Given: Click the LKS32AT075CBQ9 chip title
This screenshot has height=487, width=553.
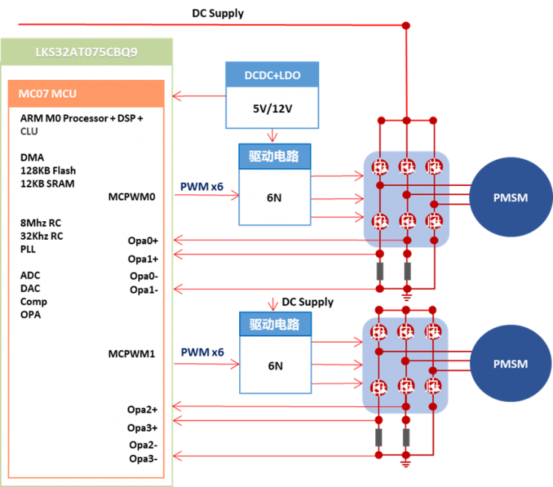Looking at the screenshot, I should coord(87,53).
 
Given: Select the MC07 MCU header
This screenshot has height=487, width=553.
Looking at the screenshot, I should coord(47,93).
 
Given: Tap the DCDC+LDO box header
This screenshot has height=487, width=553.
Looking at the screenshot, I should coord(271,75).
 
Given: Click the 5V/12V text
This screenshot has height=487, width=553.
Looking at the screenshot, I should coord(272,108).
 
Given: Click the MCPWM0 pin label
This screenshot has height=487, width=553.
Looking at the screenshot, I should coord(132,197).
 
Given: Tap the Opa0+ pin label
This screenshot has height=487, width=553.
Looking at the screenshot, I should coord(143,241).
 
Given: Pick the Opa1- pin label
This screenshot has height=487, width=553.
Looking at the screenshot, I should coord(143,289).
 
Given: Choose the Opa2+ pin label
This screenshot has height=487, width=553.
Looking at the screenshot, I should coord(143,409).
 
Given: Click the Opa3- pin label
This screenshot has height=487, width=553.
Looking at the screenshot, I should coord(143,458).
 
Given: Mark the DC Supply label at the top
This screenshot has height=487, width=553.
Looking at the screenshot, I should coord(218,13).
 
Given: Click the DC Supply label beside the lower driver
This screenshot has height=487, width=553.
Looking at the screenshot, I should coord(307,302).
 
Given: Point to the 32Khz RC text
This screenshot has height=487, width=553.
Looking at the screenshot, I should coord(42,236).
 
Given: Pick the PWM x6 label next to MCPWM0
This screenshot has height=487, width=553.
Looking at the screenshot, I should coord(202,186).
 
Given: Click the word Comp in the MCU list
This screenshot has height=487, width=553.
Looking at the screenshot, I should coord(34,302).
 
